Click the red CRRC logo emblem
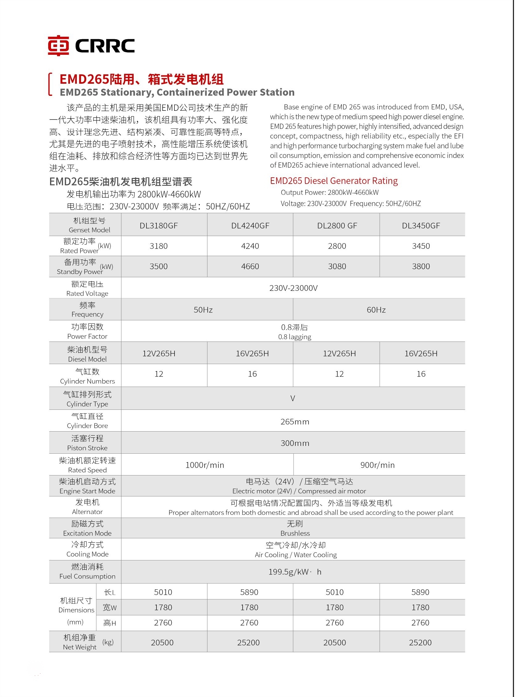58,45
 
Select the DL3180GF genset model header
159,226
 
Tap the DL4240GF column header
250,226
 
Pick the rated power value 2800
337,246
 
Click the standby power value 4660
250,266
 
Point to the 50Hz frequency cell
203,310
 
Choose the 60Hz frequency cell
376,310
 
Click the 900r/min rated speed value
377,465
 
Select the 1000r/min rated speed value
205,465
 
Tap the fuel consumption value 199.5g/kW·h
295,572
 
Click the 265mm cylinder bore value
295,422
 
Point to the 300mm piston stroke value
295,443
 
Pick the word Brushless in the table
295,533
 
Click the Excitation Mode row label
87,533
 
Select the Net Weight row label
80,647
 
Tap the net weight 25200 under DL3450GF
420,643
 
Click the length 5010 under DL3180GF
163,592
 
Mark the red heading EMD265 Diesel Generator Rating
334,181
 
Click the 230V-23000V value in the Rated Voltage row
293,288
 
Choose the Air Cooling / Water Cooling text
295,555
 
